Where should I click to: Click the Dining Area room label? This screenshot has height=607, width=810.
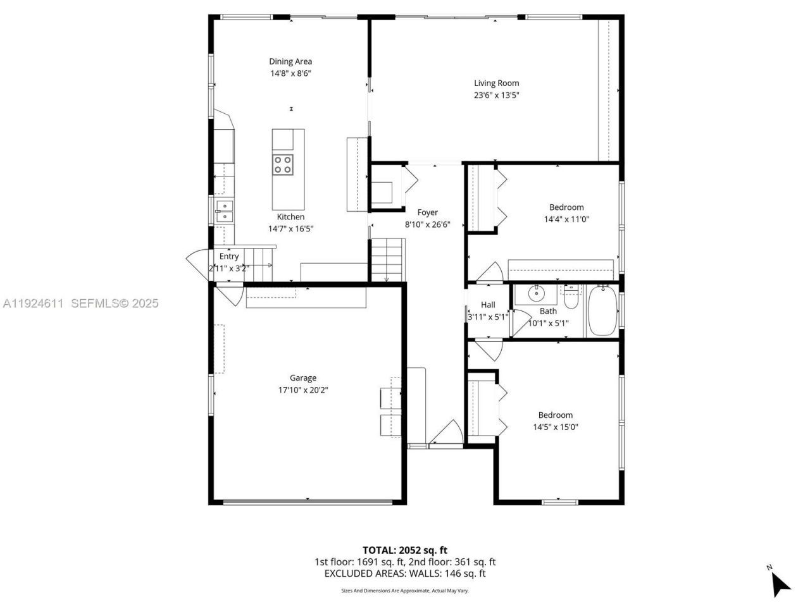290,61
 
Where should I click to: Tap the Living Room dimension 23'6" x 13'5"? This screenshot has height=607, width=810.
497,95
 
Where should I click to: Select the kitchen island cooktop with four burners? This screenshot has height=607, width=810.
283,164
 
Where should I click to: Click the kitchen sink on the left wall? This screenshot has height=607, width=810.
223,211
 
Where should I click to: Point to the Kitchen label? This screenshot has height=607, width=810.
290,217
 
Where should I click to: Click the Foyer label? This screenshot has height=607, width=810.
427,212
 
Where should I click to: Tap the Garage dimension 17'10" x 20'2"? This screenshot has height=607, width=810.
303,390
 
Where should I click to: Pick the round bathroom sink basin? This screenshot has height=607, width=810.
537,293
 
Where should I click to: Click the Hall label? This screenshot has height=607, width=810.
488,305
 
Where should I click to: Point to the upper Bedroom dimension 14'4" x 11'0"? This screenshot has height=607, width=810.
566,219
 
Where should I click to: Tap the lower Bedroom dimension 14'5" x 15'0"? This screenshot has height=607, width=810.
556,427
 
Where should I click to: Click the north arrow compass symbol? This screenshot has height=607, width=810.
780,582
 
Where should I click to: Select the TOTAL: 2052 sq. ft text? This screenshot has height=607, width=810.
404,550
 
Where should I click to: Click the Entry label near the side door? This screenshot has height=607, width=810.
229,256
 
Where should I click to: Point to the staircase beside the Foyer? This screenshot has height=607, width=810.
387,258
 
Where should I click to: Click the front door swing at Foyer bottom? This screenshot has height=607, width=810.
447,434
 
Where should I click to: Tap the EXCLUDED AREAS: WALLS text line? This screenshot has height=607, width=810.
404,573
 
